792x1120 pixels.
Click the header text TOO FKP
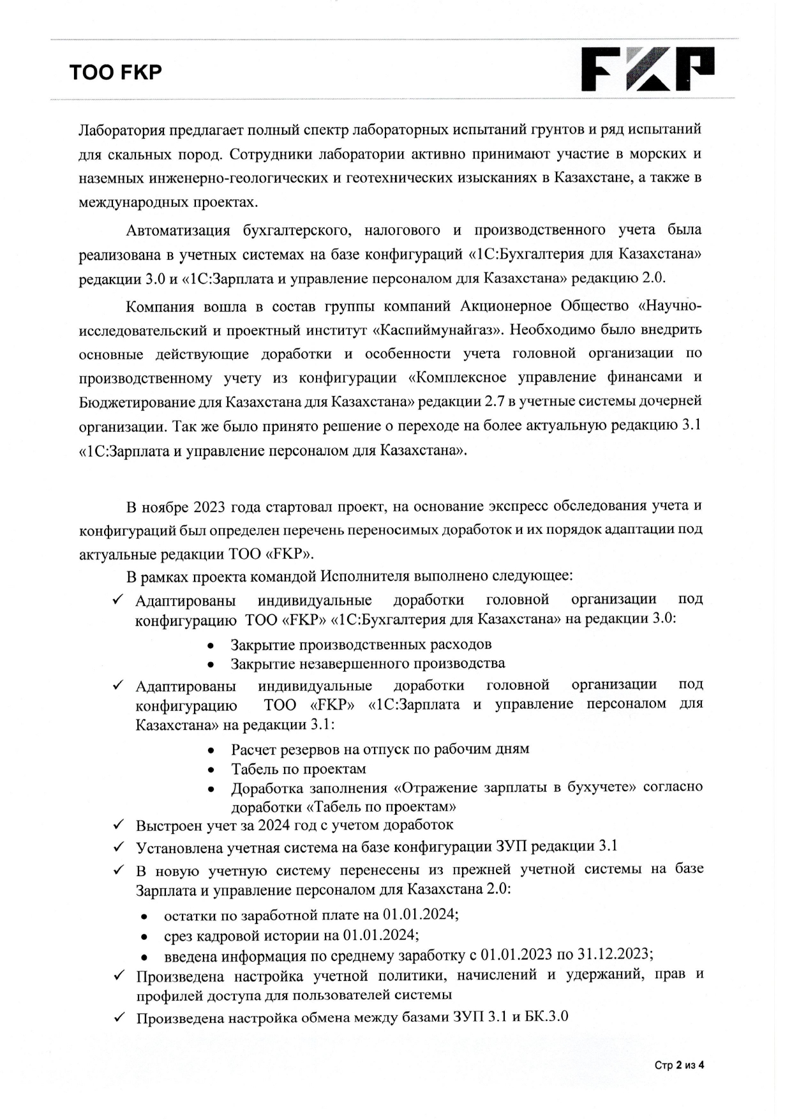[116, 72]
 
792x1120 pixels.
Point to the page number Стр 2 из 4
[679, 1065]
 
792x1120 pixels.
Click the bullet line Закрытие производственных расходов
[361, 644]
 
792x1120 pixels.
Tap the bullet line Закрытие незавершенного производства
[368, 664]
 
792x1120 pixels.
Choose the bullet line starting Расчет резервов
[380, 749]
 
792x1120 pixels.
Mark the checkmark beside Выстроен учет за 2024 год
[117, 824]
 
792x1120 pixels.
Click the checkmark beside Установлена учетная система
[117, 847]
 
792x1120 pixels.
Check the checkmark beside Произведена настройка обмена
[117, 1017]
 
